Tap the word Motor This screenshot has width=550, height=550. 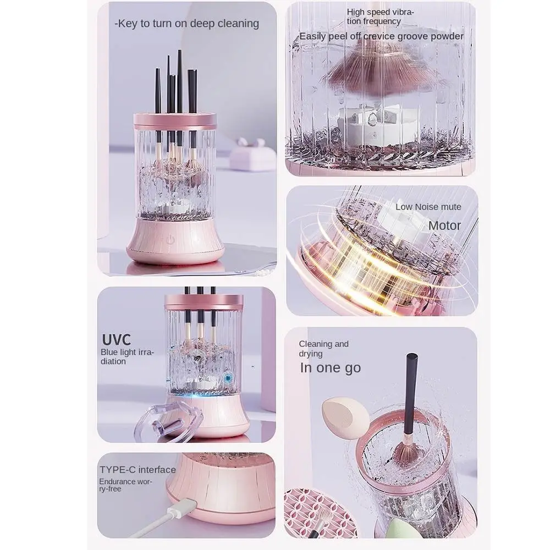(x=444, y=226)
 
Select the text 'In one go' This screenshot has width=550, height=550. (x=330, y=368)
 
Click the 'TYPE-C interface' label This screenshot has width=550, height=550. (x=137, y=470)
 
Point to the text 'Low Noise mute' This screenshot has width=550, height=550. (x=428, y=207)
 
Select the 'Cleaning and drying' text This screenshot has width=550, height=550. (x=323, y=349)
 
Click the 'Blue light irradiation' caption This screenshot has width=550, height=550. (x=128, y=356)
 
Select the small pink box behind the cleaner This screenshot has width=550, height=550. (x=252, y=155)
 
